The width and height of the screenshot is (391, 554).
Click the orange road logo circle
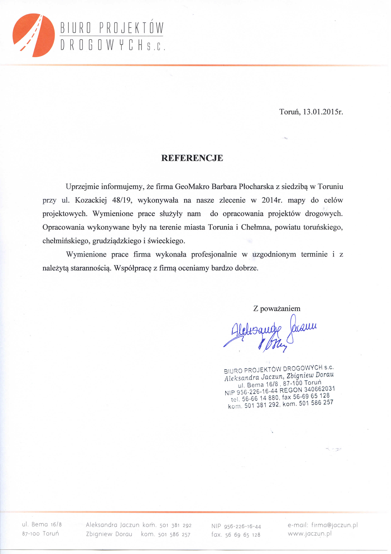(x=34, y=35)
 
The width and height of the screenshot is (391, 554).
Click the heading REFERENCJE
(x=192, y=158)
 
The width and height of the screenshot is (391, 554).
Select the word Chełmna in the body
(x=256, y=227)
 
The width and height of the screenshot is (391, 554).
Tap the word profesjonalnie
(x=214, y=254)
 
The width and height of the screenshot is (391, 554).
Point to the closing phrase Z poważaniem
(x=277, y=309)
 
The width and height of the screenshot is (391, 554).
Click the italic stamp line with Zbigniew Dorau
(x=279, y=377)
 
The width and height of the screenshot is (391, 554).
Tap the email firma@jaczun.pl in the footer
(x=334, y=525)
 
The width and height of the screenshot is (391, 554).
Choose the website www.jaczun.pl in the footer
(x=309, y=534)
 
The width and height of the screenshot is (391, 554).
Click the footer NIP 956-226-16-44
(x=236, y=527)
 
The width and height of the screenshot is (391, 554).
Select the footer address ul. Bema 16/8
(x=42, y=524)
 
